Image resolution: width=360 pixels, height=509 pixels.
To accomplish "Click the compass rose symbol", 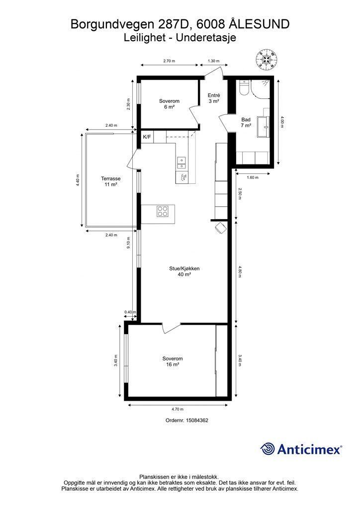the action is (267, 59).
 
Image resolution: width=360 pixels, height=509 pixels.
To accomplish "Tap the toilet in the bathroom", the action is (244, 87).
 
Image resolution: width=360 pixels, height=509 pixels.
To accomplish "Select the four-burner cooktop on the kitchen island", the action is (162, 211).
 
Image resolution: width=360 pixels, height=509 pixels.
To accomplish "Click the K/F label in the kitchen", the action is (147, 137).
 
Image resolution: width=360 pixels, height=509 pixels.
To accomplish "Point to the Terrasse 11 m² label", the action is (111, 181).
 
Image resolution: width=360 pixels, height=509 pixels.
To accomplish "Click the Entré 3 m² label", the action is (214, 98).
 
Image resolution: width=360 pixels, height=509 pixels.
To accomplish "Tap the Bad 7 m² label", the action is (246, 122).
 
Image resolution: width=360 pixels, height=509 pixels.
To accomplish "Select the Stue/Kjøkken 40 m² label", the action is (184, 271).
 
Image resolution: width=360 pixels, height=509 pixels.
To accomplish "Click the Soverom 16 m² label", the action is (173, 361).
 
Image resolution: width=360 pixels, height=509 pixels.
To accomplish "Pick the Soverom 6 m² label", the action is (169, 104).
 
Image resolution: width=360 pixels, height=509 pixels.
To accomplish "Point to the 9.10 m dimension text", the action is (129, 243).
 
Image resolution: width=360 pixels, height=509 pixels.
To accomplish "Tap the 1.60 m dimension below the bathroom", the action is (253, 177).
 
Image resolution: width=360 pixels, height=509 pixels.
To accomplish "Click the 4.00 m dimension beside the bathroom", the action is (282, 122).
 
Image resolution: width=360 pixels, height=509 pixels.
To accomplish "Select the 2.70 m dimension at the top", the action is (169, 61).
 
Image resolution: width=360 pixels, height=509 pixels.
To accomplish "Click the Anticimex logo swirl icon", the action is (267, 449).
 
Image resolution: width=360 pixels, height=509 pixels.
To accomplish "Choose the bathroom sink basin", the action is (263, 127).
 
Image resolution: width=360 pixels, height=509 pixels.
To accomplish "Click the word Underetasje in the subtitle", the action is (206, 38).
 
